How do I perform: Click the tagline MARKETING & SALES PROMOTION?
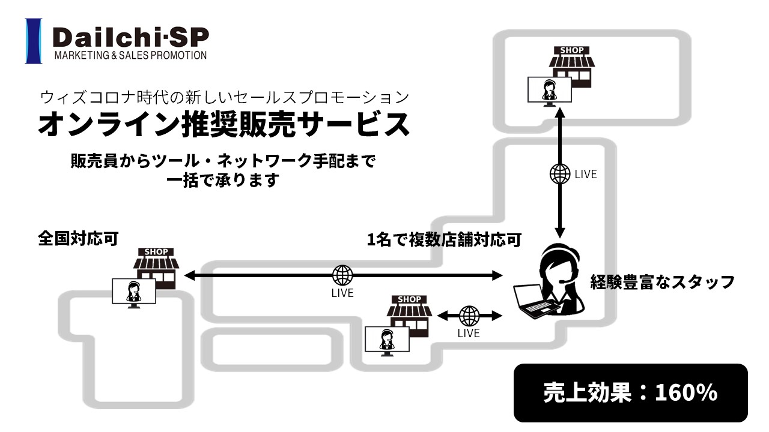(130, 55)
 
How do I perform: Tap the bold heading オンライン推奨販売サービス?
(223, 124)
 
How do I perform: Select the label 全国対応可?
(78, 238)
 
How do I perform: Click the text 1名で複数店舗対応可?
(443, 240)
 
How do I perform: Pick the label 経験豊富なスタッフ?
(663, 281)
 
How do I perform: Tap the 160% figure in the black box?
(686, 392)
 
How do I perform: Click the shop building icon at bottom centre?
(409, 313)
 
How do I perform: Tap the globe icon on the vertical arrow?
(560, 174)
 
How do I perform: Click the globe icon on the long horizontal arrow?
(342, 275)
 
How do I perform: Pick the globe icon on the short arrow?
(469, 316)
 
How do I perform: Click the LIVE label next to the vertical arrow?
(586, 175)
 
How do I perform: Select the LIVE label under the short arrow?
(469, 333)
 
